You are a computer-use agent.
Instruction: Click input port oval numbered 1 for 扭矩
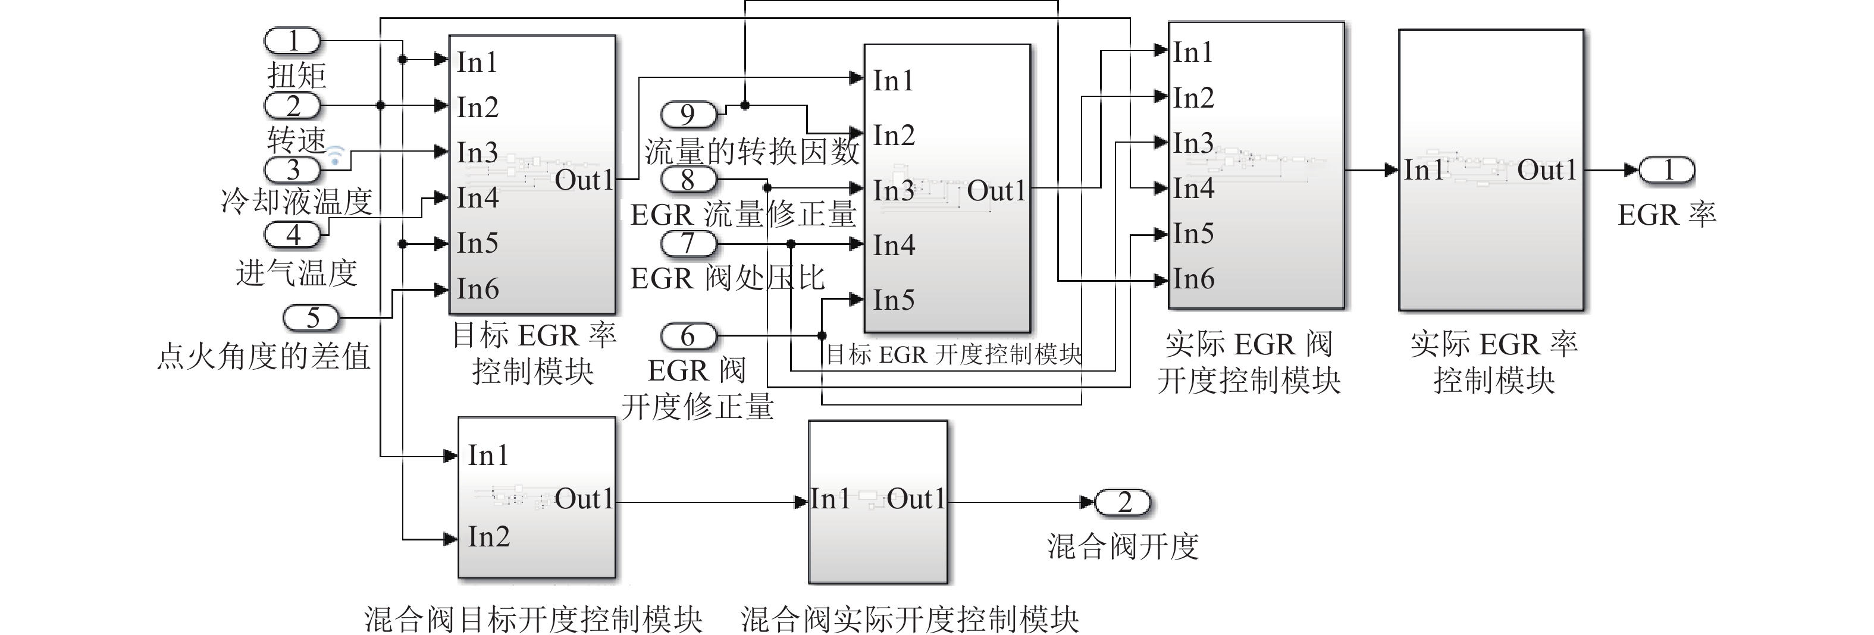(292, 41)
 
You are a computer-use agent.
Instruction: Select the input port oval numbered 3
(292, 169)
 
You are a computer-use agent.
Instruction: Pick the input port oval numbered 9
(688, 114)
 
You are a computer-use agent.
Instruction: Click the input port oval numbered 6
(688, 336)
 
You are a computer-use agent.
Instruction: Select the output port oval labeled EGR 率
(1668, 170)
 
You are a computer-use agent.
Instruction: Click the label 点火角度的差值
(264, 356)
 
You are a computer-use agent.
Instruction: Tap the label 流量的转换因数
(751, 151)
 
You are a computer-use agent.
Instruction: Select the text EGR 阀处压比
(727, 278)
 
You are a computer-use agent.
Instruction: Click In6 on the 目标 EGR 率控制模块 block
(477, 289)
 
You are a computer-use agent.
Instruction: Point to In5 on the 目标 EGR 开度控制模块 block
(894, 300)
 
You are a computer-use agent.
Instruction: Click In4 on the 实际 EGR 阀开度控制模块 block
(1193, 188)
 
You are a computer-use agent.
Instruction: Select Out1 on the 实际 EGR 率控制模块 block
(1547, 170)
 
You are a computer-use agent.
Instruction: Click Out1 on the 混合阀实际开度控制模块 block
(915, 499)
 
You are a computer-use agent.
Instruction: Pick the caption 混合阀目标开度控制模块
(533, 619)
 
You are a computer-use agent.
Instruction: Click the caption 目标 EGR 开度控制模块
(954, 354)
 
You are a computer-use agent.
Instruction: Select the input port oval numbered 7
(688, 244)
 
